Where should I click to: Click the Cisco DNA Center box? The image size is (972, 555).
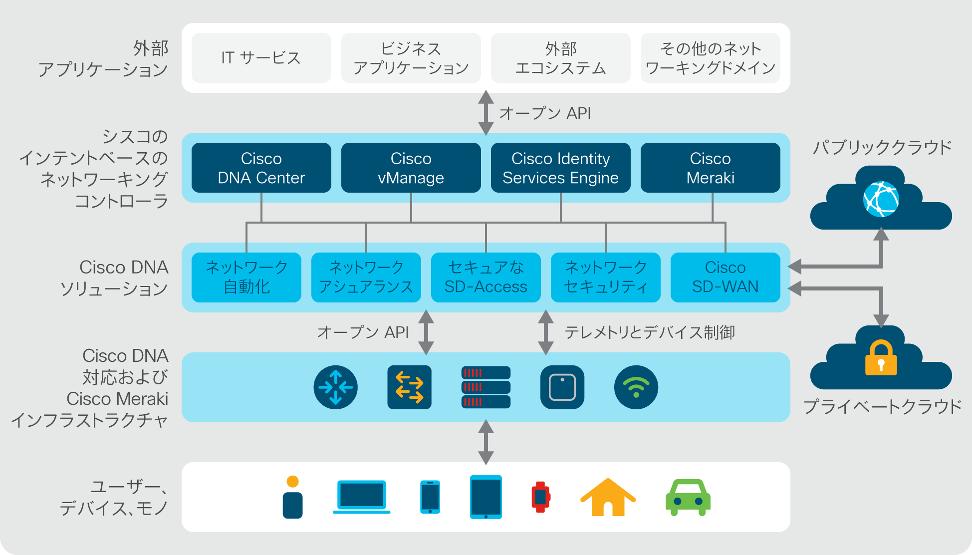pos(261,168)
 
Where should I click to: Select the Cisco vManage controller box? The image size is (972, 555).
pos(411,168)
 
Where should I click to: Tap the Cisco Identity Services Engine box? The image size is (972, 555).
pos(561,168)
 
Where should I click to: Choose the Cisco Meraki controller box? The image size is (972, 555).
pos(711,168)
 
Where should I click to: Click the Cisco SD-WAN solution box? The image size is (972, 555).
pos(726,277)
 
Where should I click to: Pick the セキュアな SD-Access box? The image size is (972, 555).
pos(486,277)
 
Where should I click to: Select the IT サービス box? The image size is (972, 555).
pos(261,58)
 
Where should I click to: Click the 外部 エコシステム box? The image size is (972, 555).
pos(561,58)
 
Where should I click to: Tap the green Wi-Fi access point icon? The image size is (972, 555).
pos(636,387)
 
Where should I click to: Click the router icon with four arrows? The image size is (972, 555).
pos(336,387)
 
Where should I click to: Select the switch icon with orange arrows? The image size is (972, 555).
pos(410,387)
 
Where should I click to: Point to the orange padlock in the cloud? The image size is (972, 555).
pos(881,358)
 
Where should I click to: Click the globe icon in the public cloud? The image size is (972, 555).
pos(881,199)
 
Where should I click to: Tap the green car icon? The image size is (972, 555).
pos(688,498)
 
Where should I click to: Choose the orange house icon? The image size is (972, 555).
pos(608,497)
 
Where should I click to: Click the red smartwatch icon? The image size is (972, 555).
pos(541,497)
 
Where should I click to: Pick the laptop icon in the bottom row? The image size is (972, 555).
pos(362,497)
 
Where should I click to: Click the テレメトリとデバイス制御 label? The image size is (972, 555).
pos(650,332)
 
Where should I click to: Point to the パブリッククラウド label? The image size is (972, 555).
pos(882,148)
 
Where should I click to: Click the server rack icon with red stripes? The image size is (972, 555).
pos(486,387)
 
